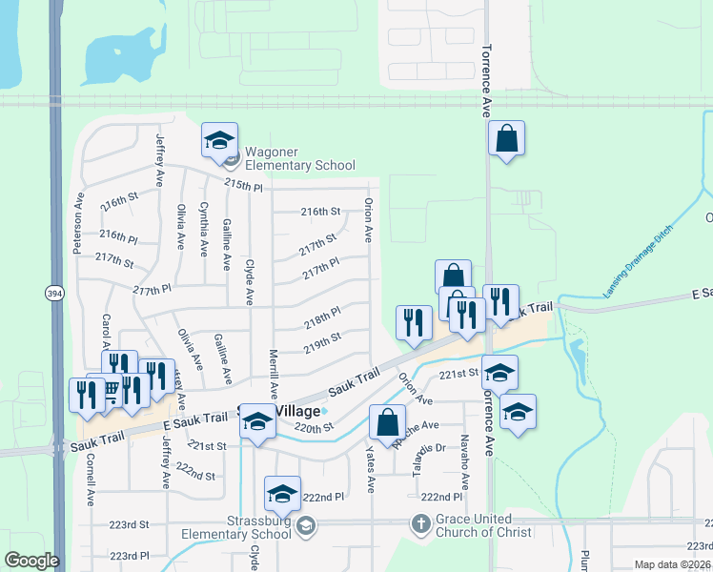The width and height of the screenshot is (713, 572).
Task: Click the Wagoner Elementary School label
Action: click(287, 158)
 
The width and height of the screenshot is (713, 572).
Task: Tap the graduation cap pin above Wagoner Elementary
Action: click(218, 141)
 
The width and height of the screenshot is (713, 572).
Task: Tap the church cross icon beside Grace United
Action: click(420, 523)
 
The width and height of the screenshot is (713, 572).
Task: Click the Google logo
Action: click(31, 561)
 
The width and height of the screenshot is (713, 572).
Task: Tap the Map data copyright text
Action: click(673, 564)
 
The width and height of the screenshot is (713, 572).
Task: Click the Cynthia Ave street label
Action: click(203, 230)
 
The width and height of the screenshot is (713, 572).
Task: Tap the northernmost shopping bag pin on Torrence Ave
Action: click(506, 138)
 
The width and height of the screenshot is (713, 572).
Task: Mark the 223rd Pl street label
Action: click(130, 555)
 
